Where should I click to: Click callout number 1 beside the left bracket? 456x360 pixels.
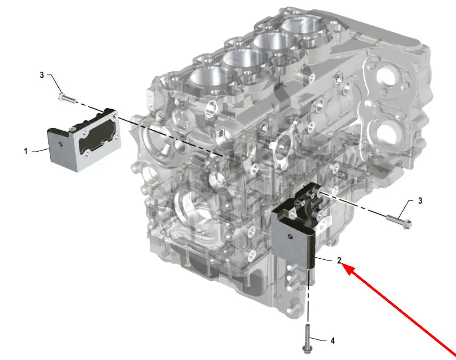(x=26, y=152)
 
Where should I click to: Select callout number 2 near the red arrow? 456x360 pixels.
(x=339, y=260)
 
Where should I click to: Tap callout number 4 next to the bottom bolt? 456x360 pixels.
(x=333, y=341)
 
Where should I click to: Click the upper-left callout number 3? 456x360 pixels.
(x=42, y=75)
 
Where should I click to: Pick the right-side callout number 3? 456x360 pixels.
(x=420, y=201)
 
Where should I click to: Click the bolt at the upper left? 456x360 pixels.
(x=67, y=98)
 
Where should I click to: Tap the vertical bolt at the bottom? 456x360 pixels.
(x=306, y=339)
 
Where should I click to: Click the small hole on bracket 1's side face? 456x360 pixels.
(x=60, y=144)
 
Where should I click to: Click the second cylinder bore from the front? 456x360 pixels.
(x=240, y=59)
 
